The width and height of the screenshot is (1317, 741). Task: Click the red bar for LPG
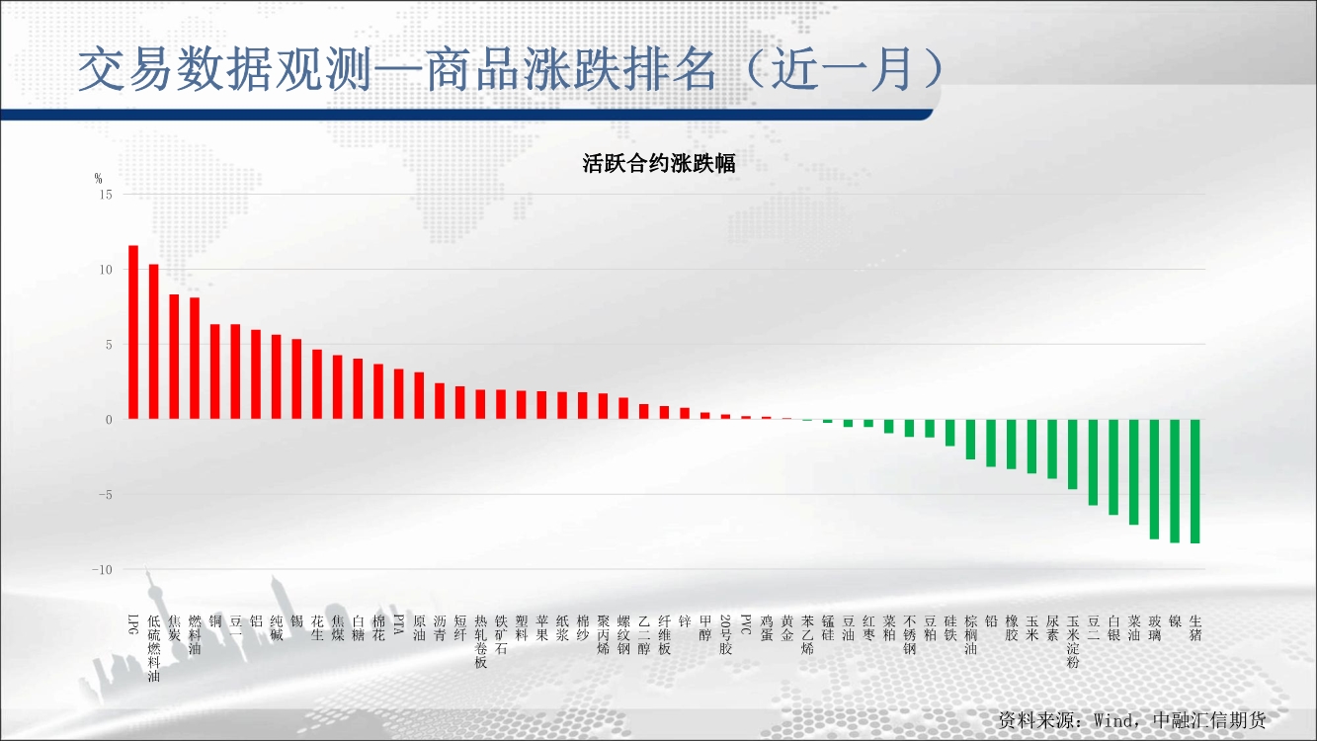coord(133,332)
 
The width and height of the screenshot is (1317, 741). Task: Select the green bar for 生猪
coord(1195,481)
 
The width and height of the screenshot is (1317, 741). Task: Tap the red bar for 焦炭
coord(174,357)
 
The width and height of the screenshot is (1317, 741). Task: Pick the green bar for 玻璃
coord(1154,479)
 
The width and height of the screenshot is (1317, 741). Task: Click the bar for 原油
coord(419,396)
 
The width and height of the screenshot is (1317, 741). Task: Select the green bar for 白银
coord(1113,467)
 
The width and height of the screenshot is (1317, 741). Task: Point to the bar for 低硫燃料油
coord(154,342)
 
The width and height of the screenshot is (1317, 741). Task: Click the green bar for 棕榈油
coord(970,440)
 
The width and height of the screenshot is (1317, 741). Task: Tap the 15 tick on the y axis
coord(106,195)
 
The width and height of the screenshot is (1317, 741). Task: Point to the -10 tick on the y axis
coord(102,569)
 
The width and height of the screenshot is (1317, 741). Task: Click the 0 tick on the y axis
coord(109,420)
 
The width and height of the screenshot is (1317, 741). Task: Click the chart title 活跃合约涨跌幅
coord(658,163)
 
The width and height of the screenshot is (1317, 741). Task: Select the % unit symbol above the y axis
coord(98,178)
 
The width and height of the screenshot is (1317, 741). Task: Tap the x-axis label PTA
coord(398,624)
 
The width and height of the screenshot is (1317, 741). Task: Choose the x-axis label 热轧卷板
coord(481,641)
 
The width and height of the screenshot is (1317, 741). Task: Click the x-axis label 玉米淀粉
coord(1073,641)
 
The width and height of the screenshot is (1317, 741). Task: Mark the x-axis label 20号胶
coord(725,635)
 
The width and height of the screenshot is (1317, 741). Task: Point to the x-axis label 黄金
coord(786,628)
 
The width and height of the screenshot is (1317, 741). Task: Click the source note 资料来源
coord(1038,720)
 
